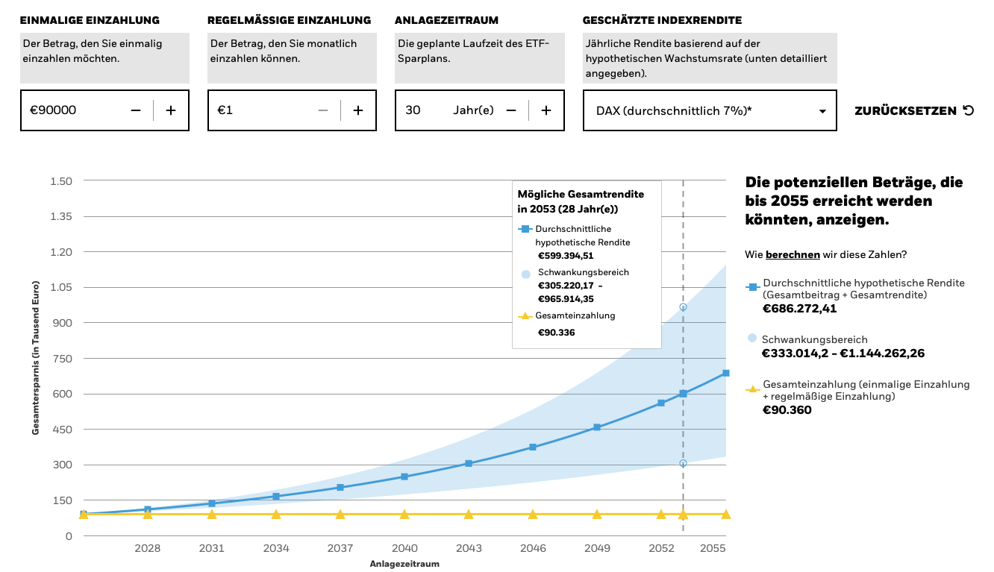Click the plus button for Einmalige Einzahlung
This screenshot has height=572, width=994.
[x=171, y=110]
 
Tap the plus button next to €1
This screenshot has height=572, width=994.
[x=358, y=110]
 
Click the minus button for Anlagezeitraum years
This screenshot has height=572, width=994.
[x=511, y=110]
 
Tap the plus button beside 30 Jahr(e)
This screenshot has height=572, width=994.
[x=546, y=110]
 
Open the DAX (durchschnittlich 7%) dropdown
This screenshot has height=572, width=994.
[x=709, y=110]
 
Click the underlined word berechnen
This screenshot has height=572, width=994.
[x=793, y=254]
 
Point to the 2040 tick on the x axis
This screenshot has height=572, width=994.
[x=404, y=548]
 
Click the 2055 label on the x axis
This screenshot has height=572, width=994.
[x=713, y=548]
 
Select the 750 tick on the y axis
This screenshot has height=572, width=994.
[x=63, y=359]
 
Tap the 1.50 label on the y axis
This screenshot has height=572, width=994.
[x=61, y=181]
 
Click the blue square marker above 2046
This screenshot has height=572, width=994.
[x=533, y=447]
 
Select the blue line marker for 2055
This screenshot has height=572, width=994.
[x=725, y=373]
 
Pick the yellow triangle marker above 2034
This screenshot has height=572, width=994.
[x=276, y=515]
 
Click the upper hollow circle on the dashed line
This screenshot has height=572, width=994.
[x=683, y=307]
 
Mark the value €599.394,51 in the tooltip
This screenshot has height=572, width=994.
[x=566, y=256]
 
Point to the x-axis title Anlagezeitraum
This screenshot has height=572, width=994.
[x=404, y=564]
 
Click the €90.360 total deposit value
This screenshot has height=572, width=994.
[x=787, y=409]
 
